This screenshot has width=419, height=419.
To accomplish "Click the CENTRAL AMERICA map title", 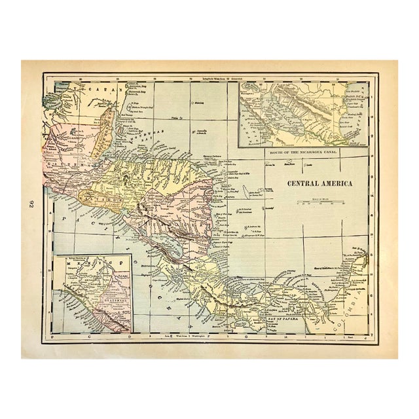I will (319, 183).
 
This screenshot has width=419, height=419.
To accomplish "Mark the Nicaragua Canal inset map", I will (302, 113).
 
